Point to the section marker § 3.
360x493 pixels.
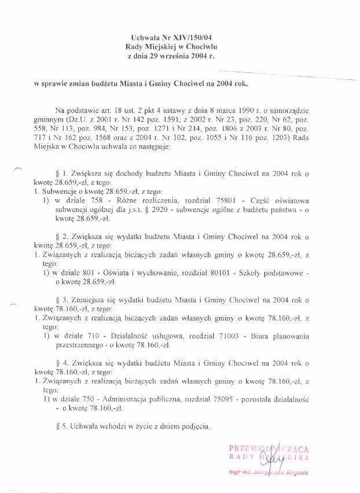[60, 300]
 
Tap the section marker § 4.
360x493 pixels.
[60, 363]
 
